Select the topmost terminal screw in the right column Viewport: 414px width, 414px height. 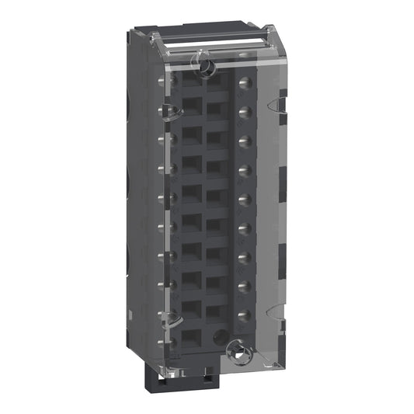coord(245,82)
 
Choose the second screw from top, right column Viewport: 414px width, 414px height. coord(245,111)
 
